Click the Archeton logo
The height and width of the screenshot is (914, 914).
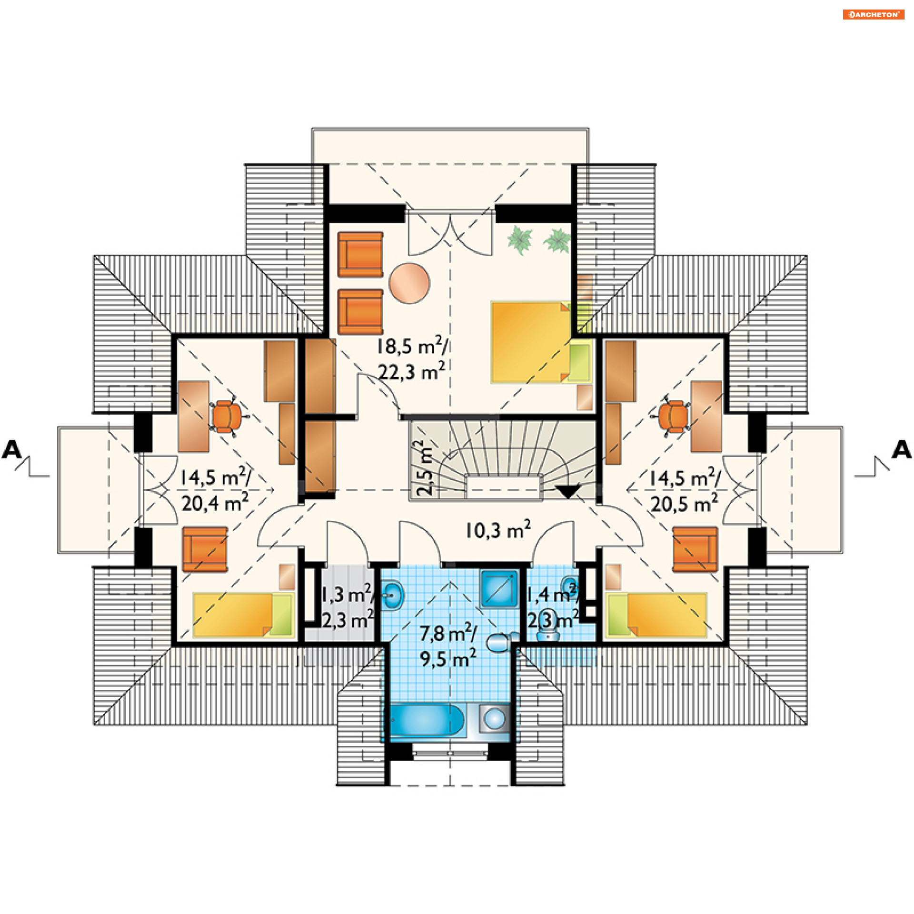[x=874, y=14]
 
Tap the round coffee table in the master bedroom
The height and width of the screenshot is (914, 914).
[x=409, y=283]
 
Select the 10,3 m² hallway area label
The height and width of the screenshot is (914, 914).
[x=498, y=530]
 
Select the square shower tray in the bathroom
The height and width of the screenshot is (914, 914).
[x=499, y=589]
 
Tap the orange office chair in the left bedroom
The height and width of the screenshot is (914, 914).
[x=227, y=417]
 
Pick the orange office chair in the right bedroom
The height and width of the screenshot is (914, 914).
[x=674, y=416]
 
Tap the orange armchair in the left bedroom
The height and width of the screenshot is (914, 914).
[x=205, y=549]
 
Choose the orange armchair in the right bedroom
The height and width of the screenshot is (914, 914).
[x=695, y=549]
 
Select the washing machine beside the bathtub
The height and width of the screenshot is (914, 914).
[x=495, y=719]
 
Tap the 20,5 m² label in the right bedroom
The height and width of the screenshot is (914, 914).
[x=684, y=503]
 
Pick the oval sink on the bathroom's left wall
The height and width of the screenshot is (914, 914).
[x=393, y=595]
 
